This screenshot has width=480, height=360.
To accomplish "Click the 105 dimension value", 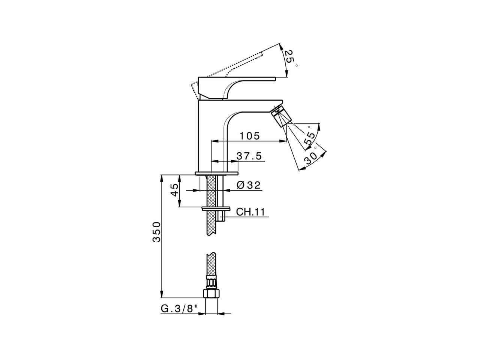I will pyautogui.click(x=250, y=136).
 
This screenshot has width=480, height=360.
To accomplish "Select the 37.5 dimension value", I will pyautogui.click(x=249, y=156).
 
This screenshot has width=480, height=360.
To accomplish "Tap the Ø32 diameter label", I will pyautogui.click(x=249, y=185).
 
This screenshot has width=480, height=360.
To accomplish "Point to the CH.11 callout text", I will pyautogui.click(x=250, y=212).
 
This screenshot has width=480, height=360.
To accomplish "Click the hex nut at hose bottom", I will pyautogui.click(x=211, y=293).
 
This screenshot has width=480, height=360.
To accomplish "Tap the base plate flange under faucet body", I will pyautogui.click(x=216, y=173).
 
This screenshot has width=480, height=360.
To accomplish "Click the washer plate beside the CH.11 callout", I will pyautogui.click(x=216, y=208).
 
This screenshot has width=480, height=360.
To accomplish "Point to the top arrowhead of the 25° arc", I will pyautogui.click(x=281, y=46).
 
